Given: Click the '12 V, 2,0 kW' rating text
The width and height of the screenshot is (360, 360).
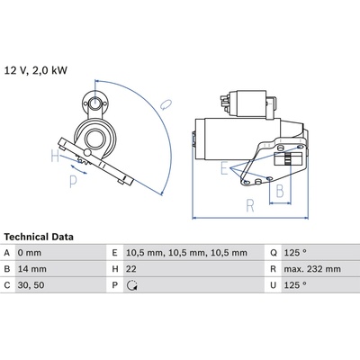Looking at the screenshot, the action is (36, 70).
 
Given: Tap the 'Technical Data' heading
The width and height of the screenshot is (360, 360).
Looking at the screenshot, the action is (39, 237).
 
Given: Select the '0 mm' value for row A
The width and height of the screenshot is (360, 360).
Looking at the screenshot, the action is (30, 253).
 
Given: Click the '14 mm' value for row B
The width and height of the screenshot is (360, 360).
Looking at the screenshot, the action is (32, 269).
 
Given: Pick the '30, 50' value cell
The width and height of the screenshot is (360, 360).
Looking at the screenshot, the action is (31, 285).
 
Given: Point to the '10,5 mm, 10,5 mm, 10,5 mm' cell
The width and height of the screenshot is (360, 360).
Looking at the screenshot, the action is (186, 253).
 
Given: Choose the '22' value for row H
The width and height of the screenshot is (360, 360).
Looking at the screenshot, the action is (131, 269).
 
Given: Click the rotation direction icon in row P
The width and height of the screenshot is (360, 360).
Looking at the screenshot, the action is (132, 285).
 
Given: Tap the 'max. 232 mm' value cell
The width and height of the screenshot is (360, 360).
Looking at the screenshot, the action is (312, 269).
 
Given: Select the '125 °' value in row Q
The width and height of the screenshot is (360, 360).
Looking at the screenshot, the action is (295, 253).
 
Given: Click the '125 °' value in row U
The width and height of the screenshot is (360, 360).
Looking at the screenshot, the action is (295, 285).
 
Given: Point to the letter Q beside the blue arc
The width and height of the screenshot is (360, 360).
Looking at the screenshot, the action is (166, 104).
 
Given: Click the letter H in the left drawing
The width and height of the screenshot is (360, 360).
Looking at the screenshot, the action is (55, 156).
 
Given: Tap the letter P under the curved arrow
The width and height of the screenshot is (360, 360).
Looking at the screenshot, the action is (73, 182).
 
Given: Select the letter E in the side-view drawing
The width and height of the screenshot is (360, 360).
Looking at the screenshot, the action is (224, 168).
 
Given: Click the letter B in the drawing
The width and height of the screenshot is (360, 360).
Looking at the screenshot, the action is (280, 191).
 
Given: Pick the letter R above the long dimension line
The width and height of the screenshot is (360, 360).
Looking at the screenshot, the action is (250, 205).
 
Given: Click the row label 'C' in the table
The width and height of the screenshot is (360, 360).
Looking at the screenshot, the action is (7, 285).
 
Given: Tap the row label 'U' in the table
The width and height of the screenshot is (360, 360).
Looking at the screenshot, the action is (273, 285).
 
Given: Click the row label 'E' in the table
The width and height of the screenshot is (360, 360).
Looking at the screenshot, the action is (114, 253).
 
